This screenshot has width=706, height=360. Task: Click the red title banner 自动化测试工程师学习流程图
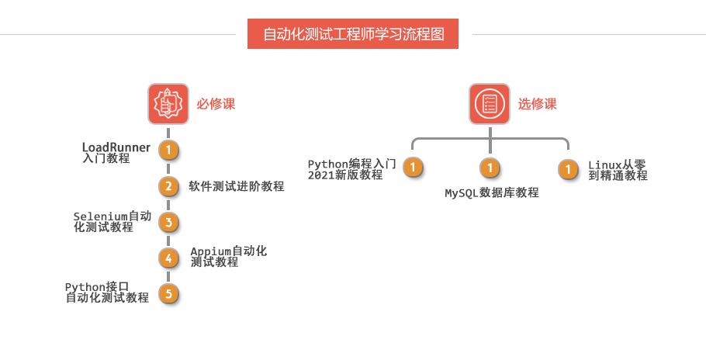coord(353,34)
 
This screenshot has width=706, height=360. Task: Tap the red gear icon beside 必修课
coord(168,104)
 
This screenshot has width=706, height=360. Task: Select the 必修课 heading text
coord(216,104)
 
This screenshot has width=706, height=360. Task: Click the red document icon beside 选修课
coord(490,104)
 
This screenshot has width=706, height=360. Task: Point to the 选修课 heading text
coord(538,104)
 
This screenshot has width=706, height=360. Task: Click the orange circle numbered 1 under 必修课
coord(168,150)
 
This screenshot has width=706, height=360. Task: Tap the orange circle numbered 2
coord(168,186)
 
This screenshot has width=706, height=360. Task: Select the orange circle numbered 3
coord(168,223)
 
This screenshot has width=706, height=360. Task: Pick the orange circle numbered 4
coord(168,258)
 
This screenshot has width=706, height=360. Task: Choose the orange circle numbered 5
coord(168,293)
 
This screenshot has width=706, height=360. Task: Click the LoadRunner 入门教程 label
coord(116,152)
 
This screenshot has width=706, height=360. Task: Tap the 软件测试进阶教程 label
coord(237,186)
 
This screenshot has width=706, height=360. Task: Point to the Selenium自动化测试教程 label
coord(112,222)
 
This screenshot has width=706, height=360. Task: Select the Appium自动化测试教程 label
coord(229,257)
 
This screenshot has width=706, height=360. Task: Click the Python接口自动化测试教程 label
coord(107,292)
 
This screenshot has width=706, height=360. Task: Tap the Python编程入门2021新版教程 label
coord(352,169)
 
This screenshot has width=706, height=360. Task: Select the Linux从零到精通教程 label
coord(618,170)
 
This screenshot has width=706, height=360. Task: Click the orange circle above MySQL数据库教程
coord(490,167)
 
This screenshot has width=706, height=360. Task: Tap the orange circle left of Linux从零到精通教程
coord(569,169)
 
